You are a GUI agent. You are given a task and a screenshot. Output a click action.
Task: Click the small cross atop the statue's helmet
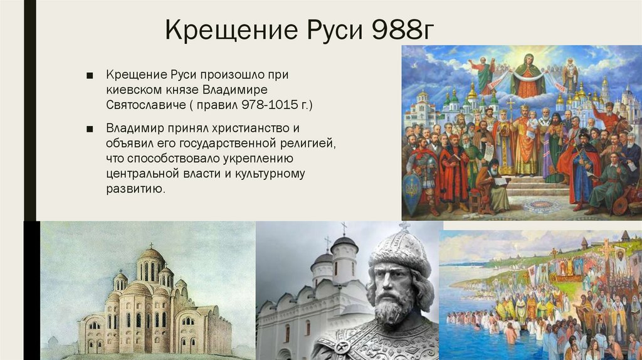pyautogui.click(x=404, y=225)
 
